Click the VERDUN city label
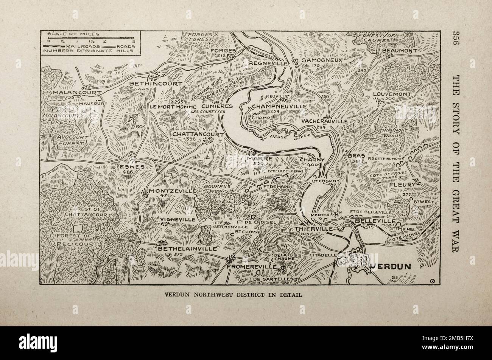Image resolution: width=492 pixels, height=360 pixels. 391,266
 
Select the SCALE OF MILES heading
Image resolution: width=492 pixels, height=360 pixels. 73,34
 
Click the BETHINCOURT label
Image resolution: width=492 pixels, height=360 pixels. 156,83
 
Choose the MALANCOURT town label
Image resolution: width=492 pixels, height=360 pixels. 77,92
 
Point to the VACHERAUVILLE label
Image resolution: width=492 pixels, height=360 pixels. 324,121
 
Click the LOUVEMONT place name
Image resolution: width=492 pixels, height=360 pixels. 391,94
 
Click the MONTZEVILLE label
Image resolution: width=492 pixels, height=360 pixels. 172,191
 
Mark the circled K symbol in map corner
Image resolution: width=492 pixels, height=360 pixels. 432,280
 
